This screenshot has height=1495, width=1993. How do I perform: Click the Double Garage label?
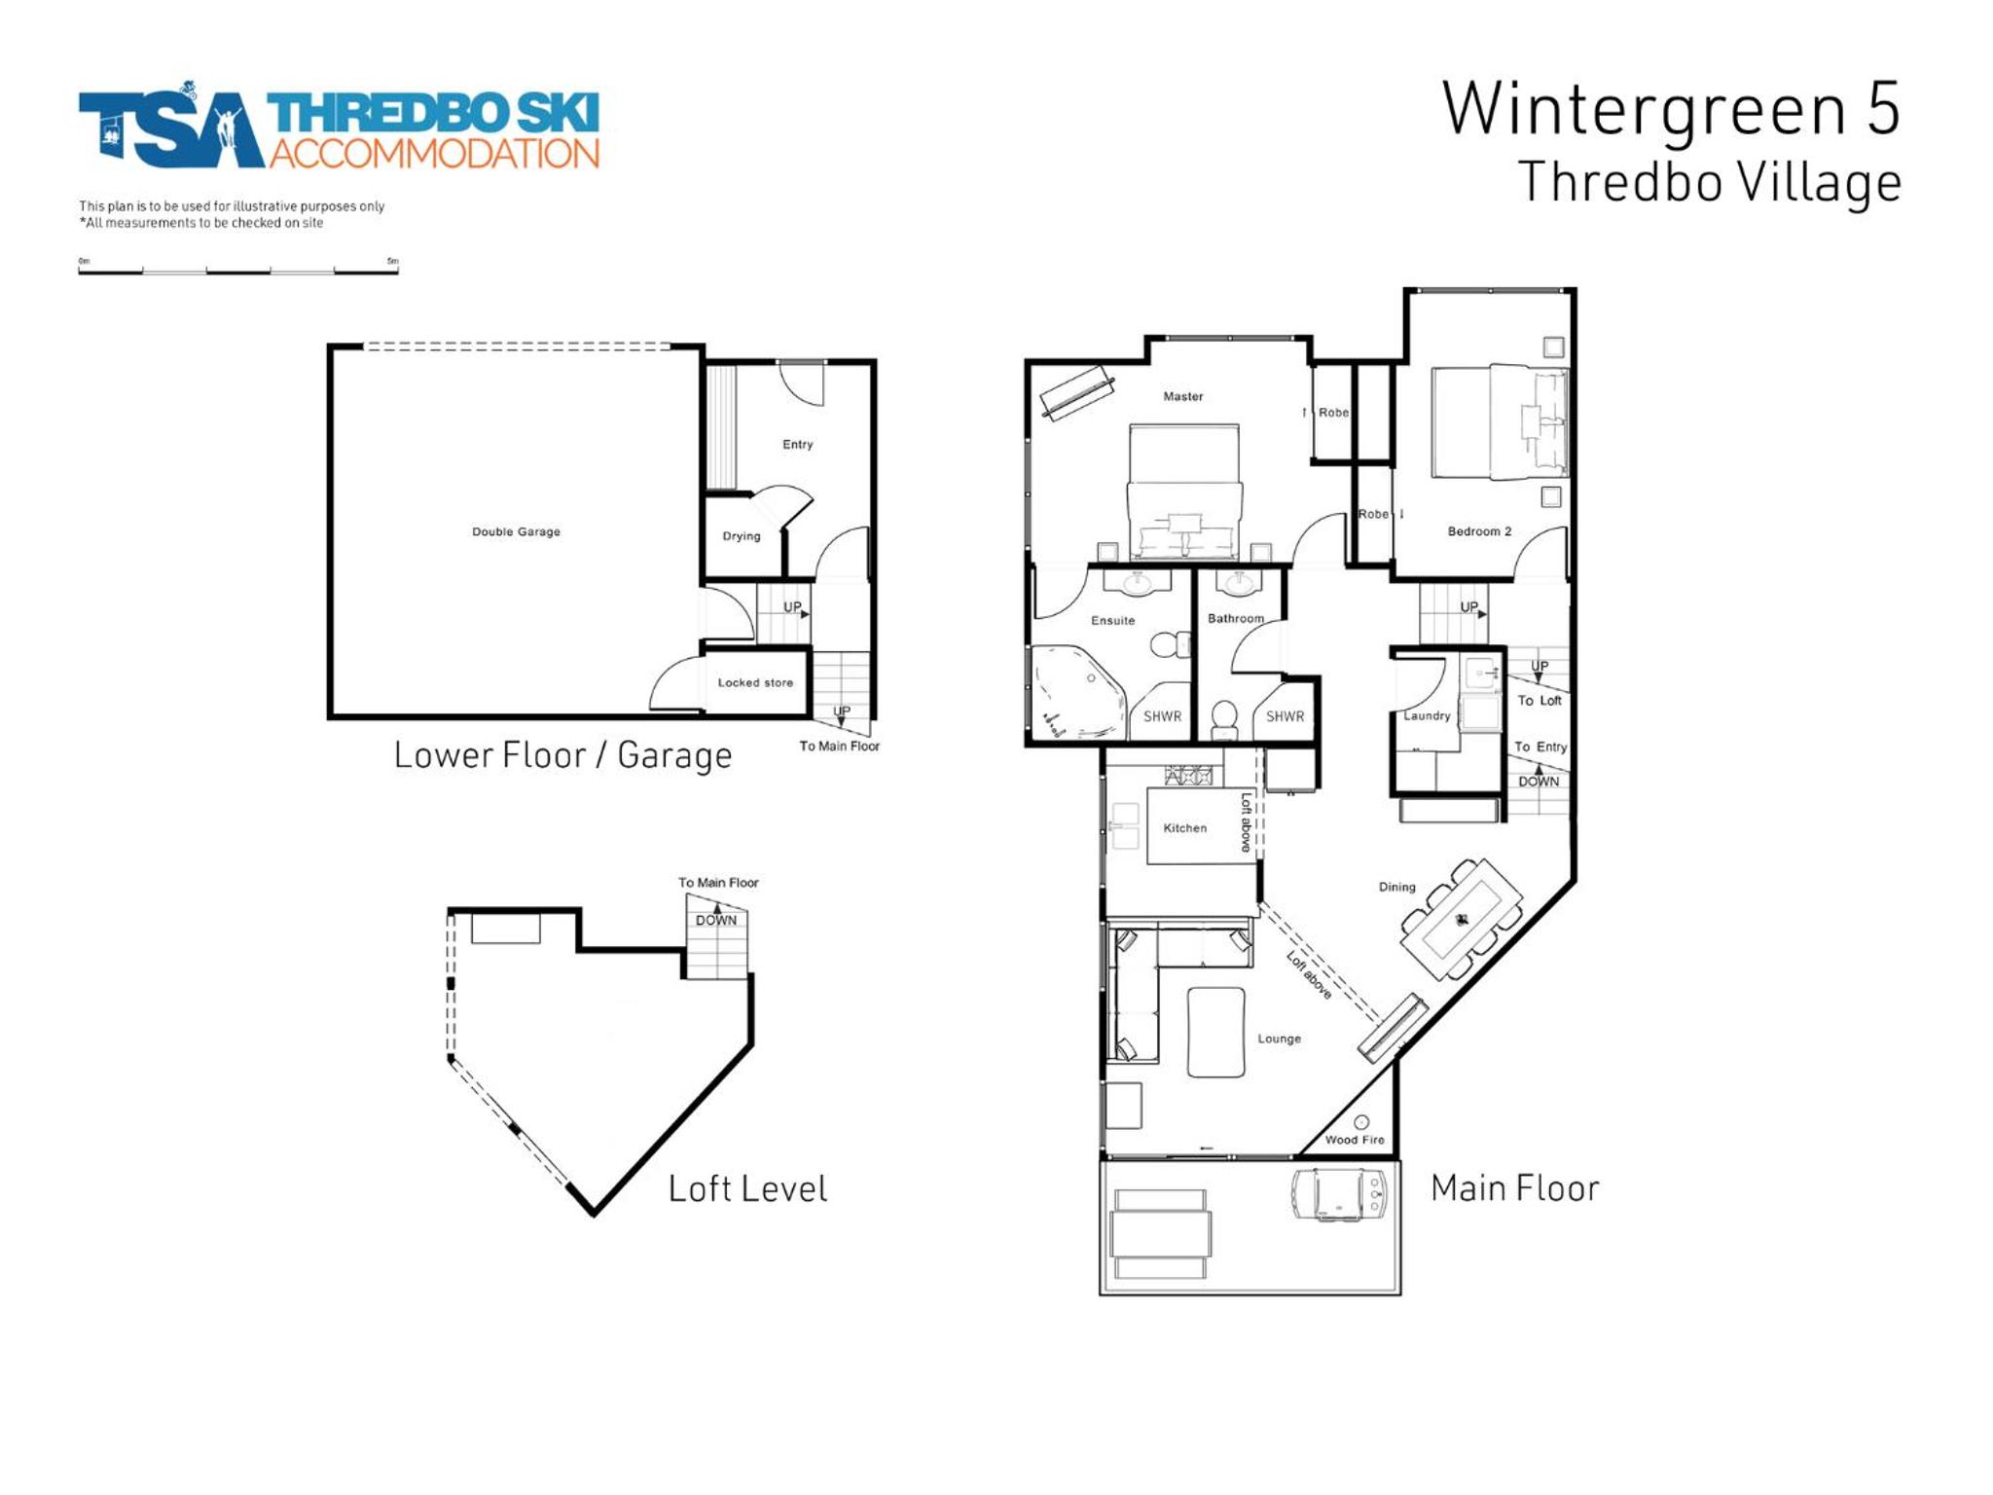(516, 531)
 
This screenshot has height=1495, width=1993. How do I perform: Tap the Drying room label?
(742, 536)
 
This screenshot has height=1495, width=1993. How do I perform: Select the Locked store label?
(755, 682)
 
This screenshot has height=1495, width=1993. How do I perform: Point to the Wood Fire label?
(1355, 1140)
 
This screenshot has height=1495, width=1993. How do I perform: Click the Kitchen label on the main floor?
(1185, 828)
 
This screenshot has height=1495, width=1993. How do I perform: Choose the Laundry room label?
(1427, 715)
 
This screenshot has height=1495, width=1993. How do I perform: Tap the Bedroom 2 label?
(1479, 531)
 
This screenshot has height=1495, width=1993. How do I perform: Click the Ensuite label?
(1113, 620)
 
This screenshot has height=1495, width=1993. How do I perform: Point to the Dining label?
(1396, 887)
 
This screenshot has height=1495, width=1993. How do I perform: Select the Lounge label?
(1279, 1039)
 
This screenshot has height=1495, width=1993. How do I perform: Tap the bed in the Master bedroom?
(1184, 492)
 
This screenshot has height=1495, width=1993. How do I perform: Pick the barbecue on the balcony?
(1338, 1194)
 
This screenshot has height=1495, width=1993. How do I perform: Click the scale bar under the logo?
(238, 270)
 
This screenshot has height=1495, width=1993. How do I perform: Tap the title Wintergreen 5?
(1671, 108)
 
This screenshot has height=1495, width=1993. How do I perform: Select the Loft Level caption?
(747, 1188)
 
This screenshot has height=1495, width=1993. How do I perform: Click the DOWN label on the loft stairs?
(716, 920)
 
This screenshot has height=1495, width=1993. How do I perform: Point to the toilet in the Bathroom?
(1224, 720)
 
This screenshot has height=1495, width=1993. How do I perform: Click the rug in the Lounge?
(1216, 1032)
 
